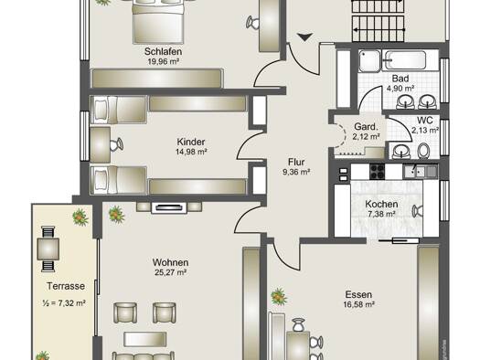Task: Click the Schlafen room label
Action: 163,51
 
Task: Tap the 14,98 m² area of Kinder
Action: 192,152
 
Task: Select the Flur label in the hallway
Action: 296,162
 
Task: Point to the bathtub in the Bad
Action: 406,60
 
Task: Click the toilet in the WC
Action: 423,151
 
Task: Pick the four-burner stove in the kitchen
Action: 377,172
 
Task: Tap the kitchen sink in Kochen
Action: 420,171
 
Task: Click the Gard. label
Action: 366,127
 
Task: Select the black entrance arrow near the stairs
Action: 304,37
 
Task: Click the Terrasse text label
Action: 66,286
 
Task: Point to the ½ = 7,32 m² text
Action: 64,303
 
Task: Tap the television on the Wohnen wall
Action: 169,208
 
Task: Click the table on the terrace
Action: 48,249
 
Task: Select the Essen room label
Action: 358,294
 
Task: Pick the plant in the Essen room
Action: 279,296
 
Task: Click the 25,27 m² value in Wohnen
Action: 170,272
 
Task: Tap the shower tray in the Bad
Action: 369,61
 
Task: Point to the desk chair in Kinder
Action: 117,144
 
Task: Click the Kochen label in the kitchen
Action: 381,204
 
